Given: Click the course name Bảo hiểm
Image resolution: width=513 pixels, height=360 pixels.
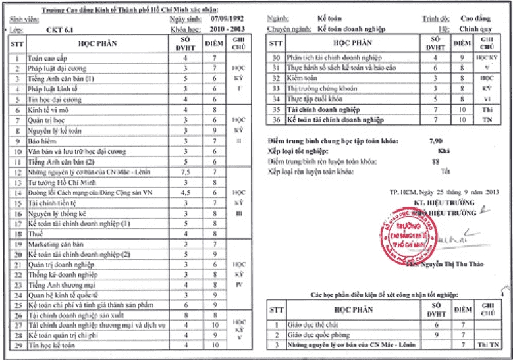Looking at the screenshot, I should pyautogui.click(x=40, y=141).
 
